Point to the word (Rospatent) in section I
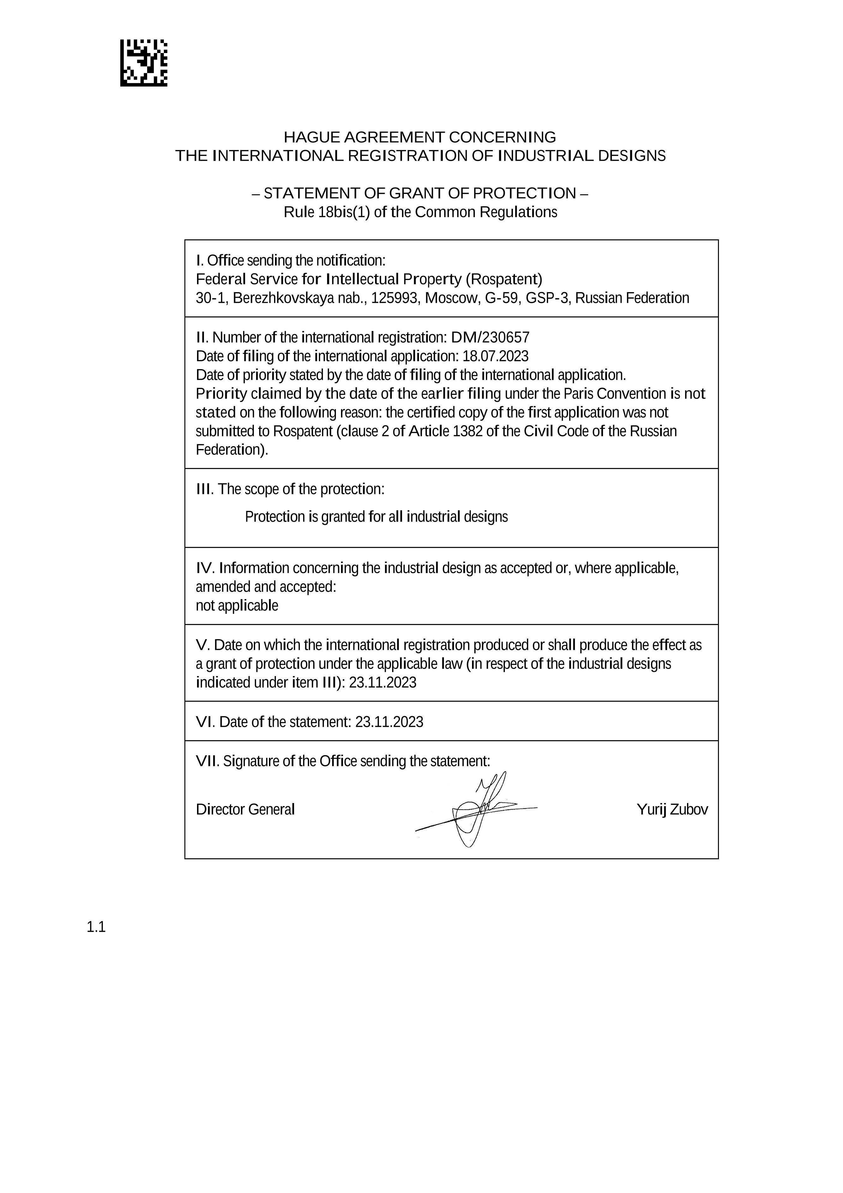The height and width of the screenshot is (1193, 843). tap(504, 279)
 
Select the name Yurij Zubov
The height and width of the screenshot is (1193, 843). tap(672, 810)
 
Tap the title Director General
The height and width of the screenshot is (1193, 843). tap(245, 810)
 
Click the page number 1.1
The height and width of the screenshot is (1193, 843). tap(96, 927)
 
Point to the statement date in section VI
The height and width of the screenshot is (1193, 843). tap(389, 722)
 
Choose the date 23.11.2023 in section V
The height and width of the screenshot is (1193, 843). tap(382, 683)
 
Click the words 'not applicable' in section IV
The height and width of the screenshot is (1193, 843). tap(237, 606)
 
